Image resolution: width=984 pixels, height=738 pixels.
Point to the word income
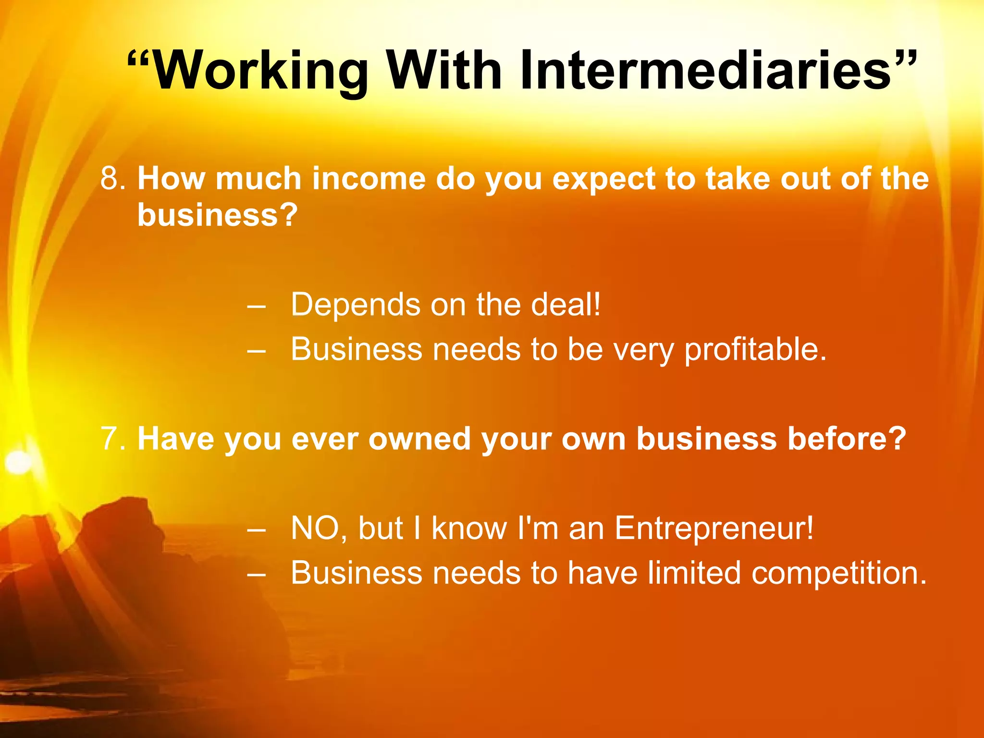click(x=369, y=179)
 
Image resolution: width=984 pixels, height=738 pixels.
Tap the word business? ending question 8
click(x=218, y=215)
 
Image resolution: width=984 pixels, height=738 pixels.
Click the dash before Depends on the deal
click(x=256, y=306)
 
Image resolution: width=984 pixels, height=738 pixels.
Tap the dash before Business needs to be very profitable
click(x=256, y=350)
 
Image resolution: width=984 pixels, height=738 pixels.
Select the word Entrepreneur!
click(x=714, y=529)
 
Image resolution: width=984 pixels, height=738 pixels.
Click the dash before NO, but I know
click(x=256, y=529)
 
